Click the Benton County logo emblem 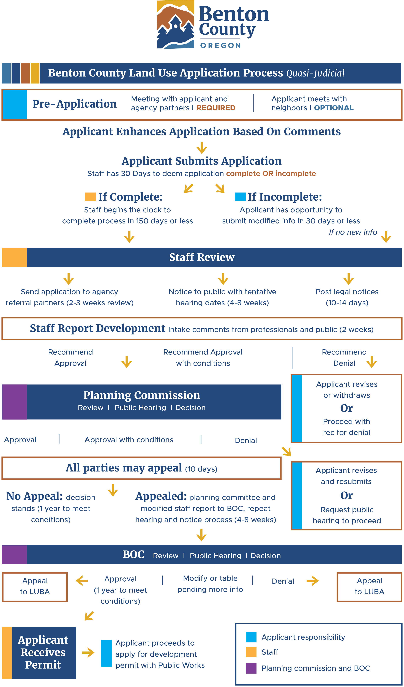click(x=176, y=24)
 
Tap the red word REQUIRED click(x=216, y=108)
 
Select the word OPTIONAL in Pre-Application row click(x=334, y=108)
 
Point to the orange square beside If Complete click(x=90, y=197)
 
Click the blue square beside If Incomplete click(x=240, y=197)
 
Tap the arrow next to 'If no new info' click(x=386, y=237)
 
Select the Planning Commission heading click(x=141, y=395)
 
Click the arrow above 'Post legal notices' click(x=348, y=279)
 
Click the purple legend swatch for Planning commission click(x=251, y=668)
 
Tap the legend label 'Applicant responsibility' click(x=303, y=637)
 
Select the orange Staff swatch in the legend click(x=251, y=652)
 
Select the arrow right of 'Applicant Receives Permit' click(x=88, y=653)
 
